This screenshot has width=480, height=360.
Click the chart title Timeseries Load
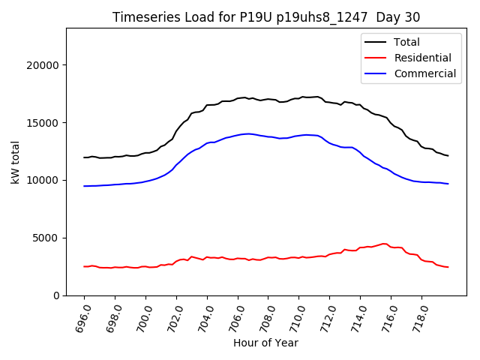click(266, 17)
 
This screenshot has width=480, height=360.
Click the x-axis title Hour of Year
click(265, 343)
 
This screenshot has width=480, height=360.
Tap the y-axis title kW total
click(15, 162)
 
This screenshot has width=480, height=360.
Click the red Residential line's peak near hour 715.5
click(384, 243)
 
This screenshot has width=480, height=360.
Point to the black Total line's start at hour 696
click(84, 157)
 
